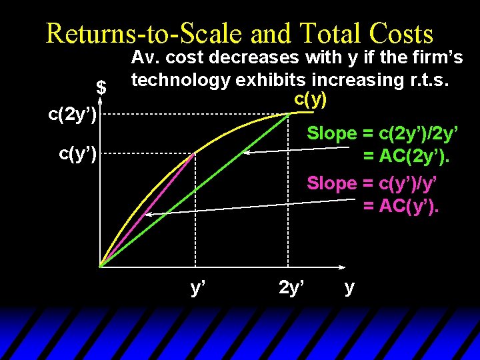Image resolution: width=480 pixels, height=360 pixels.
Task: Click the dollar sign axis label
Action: tap(101, 87)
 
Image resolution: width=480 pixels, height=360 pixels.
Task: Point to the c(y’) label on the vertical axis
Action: tap(78, 154)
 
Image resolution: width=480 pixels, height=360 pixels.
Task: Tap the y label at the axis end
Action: tap(349, 288)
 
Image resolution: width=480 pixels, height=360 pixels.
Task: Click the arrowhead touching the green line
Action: tap(246, 153)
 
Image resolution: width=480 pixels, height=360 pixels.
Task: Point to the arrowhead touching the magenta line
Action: tap(149, 215)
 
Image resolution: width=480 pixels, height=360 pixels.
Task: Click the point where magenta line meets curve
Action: tap(195, 153)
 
